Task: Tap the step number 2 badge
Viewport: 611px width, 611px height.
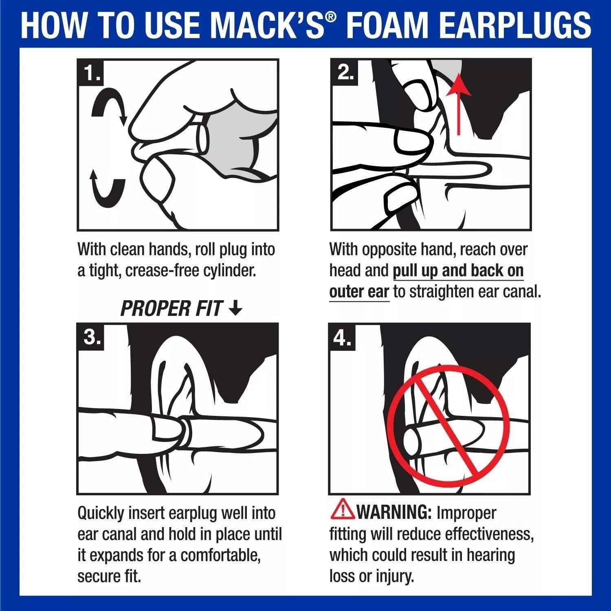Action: point(345,73)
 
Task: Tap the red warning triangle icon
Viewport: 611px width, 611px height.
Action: point(343,510)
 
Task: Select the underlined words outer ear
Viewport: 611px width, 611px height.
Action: point(359,292)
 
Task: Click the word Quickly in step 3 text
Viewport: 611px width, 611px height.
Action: point(100,514)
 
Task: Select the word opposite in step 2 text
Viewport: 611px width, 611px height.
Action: point(393,249)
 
